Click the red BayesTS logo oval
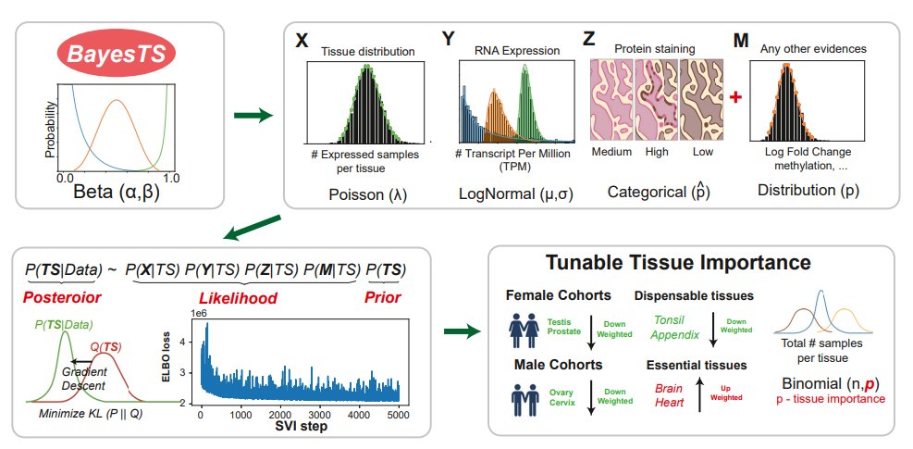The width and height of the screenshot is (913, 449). (116, 55)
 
